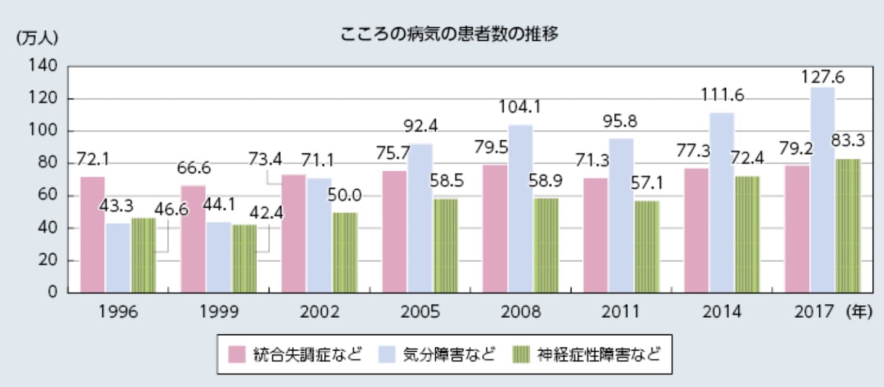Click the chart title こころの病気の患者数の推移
pyautogui.click(x=449, y=35)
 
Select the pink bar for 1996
pyautogui.click(x=93, y=234)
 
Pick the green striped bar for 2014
pyautogui.click(x=747, y=234)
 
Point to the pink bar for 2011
pyautogui.click(x=596, y=235)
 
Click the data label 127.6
pyautogui.click(x=822, y=77)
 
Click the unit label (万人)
pyautogui.click(x=36, y=36)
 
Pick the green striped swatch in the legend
pyautogui.click(x=524, y=355)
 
